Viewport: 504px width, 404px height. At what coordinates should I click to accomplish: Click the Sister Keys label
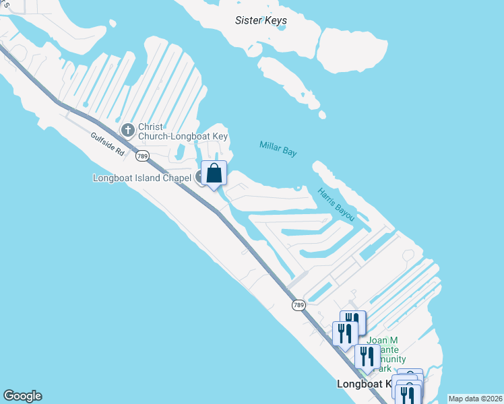coord(261,20)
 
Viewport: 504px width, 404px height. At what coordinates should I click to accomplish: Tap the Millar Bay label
coord(278,148)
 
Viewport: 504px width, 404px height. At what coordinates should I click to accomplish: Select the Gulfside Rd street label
coord(108,143)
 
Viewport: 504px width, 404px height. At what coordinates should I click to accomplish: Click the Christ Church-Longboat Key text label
coord(183,131)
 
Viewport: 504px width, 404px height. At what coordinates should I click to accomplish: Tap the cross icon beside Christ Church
coord(127,129)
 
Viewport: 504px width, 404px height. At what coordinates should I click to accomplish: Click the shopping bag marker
coord(214,174)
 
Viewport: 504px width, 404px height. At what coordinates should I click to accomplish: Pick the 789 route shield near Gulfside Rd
coord(141,156)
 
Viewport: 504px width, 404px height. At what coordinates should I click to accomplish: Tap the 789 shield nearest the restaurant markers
coord(299,305)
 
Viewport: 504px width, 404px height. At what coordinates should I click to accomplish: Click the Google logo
coord(22,396)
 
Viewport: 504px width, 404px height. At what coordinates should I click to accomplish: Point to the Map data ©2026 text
coord(474,399)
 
